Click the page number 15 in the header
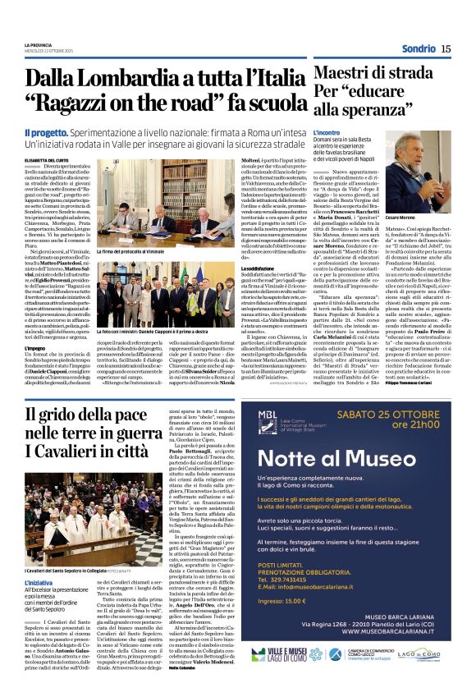click(446, 48)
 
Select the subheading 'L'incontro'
click(327, 131)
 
